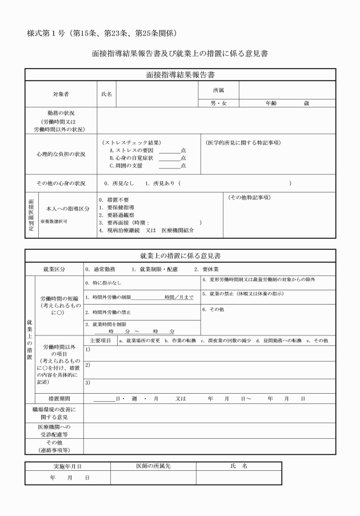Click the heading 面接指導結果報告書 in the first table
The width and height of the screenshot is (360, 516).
[x=180, y=75]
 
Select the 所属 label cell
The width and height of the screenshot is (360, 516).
[x=218, y=90]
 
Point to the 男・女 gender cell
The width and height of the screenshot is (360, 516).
[x=218, y=103]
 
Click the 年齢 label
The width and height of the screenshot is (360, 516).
[x=272, y=103]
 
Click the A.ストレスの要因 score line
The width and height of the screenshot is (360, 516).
[x=170, y=150]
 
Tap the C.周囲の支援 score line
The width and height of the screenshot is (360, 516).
[x=170, y=165]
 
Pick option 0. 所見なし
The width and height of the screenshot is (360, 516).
[x=119, y=183]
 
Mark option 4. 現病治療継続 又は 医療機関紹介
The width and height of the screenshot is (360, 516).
[x=146, y=230]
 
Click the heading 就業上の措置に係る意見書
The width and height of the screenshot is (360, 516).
[x=180, y=255]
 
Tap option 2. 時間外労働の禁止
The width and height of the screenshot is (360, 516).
[x=108, y=313]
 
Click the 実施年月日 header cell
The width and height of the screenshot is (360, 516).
[x=67, y=466]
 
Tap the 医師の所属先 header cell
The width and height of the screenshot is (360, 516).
[x=153, y=466]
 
